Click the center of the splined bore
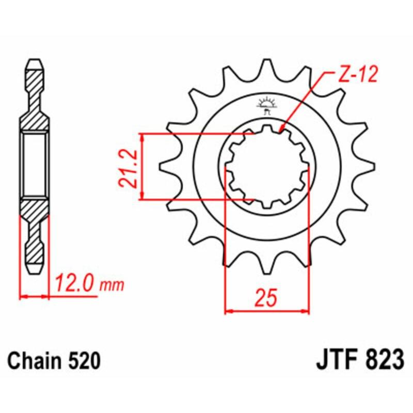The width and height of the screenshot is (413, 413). tap(267, 166)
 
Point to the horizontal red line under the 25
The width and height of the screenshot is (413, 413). tap(267, 311)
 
